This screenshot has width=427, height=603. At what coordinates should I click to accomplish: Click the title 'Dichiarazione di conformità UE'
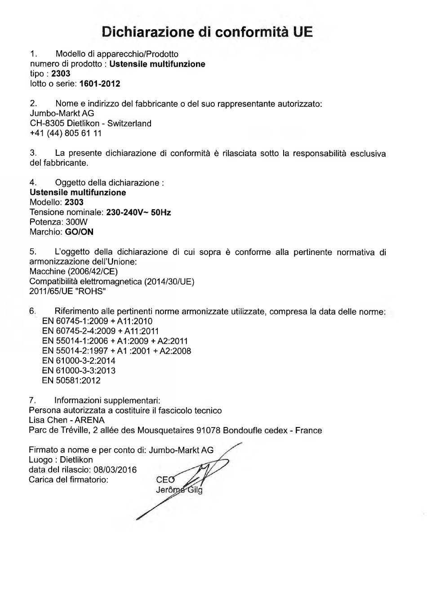click(207, 32)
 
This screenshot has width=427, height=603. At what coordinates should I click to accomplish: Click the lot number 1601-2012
click(99, 84)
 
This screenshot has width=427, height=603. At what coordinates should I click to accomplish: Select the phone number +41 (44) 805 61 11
click(66, 133)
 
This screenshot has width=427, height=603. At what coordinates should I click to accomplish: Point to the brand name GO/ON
click(79, 232)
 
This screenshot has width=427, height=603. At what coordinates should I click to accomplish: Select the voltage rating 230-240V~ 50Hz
click(138, 212)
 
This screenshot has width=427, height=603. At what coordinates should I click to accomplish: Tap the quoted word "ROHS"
click(92, 291)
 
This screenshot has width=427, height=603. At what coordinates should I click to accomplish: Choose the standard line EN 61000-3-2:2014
click(79, 361)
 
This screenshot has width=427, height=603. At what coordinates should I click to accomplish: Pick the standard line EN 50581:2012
click(71, 380)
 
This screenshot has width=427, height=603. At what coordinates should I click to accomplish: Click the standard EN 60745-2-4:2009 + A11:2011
click(100, 331)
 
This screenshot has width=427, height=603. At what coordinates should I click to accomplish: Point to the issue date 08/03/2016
click(115, 470)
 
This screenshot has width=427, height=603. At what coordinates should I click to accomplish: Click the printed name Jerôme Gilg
click(179, 490)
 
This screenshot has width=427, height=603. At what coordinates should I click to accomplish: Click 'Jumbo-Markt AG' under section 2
click(62, 113)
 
